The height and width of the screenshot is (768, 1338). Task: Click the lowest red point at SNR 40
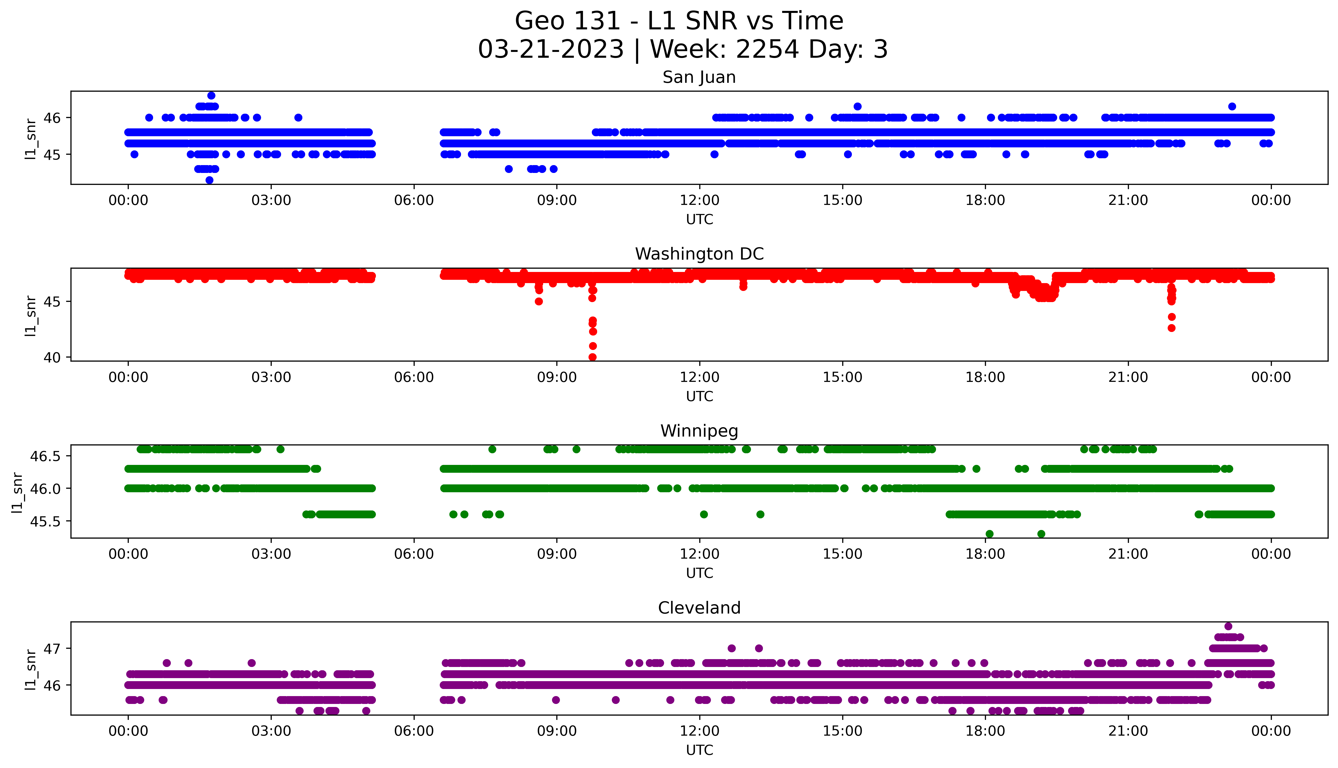coord(592,357)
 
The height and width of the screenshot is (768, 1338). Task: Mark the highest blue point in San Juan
coord(211,95)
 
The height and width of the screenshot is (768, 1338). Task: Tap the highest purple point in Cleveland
coord(1228,626)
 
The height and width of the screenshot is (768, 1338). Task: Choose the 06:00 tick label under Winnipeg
coord(414,554)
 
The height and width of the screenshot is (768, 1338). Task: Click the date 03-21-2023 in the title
coord(551,50)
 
